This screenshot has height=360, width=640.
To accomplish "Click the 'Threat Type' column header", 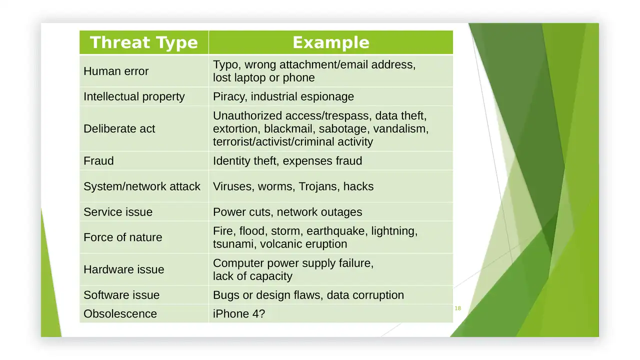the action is click(x=144, y=42).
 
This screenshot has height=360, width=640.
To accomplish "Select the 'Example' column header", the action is click(x=331, y=42).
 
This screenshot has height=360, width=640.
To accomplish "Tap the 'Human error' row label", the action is click(x=116, y=71).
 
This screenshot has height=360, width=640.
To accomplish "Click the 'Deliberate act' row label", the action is click(x=119, y=128).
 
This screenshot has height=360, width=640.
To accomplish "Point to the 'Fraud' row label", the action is click(x=98, y=161).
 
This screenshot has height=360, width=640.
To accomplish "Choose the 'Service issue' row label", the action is click(x=118, y=212).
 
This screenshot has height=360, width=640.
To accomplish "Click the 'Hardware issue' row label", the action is click(x=123, y=269).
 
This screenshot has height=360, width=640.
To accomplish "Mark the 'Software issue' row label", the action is click(x=121, y=295).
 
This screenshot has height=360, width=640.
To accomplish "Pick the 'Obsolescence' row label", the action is click(x=120, y=313).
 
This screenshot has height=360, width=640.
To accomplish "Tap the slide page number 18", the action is click(x=457, y=308).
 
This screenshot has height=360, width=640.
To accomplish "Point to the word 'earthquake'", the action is click(x=335, y=231).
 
